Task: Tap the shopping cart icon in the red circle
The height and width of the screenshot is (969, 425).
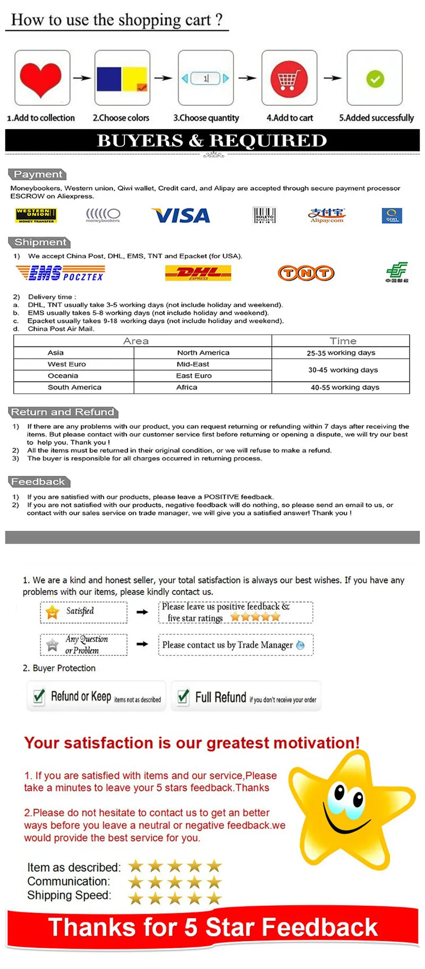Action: (288, 79)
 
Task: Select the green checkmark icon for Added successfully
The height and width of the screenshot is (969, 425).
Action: (375, 79)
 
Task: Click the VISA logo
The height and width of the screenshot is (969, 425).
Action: (181, 215)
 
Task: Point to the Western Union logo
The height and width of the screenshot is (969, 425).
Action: (36, 215)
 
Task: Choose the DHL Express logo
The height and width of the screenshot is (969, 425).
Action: (198, 273)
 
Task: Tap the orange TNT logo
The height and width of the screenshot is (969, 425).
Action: (306, 273)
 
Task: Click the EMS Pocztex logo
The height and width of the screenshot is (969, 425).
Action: (60, 273)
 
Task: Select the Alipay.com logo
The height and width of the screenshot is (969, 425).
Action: (327, 215)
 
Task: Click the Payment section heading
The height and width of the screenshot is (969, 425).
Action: (38, 174)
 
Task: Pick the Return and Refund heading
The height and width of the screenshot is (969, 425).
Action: (63, 412)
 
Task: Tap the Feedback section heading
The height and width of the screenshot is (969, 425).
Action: (38, 482)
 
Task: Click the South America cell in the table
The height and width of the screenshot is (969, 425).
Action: (74, 387)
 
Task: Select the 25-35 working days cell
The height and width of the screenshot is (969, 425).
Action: (341, 353)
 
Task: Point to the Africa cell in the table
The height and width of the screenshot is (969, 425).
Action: (186, 387)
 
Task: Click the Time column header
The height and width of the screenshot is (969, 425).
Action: (343, 341)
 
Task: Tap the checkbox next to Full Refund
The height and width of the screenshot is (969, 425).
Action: (183, 696)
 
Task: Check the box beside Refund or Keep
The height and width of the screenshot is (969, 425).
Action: (39, 696)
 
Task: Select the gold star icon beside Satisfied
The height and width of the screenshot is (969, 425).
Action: (53, 612)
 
